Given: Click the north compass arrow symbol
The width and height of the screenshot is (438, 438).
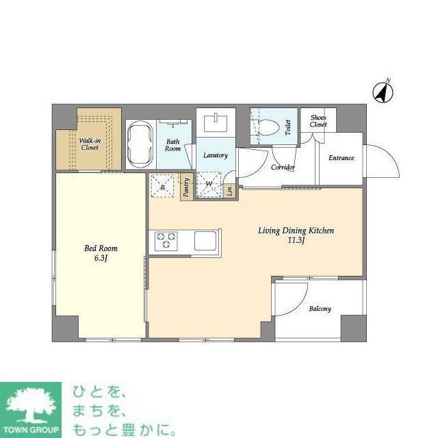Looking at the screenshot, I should coord(382,91).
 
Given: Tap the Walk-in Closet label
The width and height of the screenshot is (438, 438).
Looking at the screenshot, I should coord(90,143).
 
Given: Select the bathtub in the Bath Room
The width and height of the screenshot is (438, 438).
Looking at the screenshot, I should coord(140,144).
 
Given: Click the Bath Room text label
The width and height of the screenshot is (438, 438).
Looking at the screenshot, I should coord(173,146).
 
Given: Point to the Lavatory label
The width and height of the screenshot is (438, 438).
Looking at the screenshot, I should coord(215,155).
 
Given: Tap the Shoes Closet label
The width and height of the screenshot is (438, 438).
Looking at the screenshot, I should coord(318,121).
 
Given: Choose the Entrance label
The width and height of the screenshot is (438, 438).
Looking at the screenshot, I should coord(341,158).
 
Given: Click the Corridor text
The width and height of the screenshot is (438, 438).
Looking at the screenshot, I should coord(283,167).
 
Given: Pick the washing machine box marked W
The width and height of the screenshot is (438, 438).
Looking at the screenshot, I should coord(209,185).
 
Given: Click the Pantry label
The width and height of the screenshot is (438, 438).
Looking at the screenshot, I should coord(186,188).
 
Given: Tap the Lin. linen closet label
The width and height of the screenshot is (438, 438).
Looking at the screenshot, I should coord(229,190).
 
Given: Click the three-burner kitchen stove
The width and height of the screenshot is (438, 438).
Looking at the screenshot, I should coord(166,241).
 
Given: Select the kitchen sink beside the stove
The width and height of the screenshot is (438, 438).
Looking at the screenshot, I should coord(205,241).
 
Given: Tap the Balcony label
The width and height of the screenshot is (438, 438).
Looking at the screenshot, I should coord(320,309).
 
